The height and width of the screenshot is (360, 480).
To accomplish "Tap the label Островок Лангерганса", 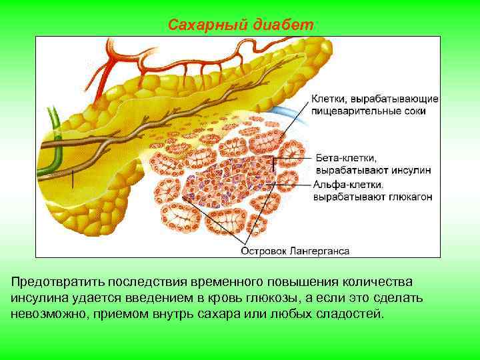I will [295, 251].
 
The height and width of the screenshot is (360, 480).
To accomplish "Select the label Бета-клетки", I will [346, 159].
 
